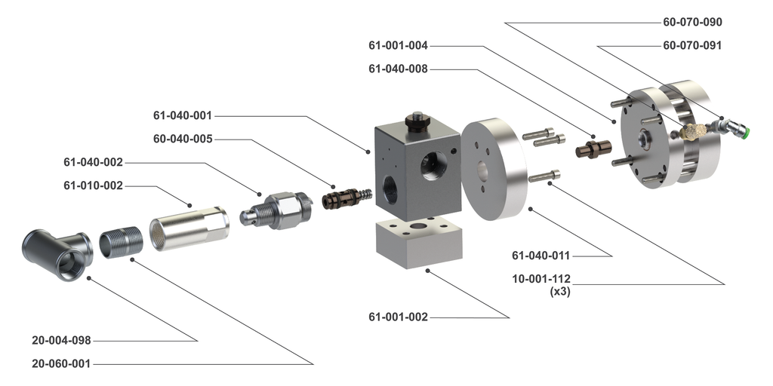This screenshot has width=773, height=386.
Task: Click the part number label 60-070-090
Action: (x=692, y=22)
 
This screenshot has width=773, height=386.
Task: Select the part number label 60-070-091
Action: (x=692, y=45)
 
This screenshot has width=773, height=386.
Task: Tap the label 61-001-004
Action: (x=398, y=45)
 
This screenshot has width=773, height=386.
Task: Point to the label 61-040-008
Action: (x=398, y=69)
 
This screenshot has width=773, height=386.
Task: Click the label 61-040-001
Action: (x=183, y=116)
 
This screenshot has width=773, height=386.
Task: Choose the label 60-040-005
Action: (x=183, y=139)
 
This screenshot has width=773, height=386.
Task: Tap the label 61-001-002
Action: (x=398, y=317)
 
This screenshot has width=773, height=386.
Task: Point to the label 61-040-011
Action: (x=541, y=256)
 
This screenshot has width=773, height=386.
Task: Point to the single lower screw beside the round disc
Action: (x=544, y=176)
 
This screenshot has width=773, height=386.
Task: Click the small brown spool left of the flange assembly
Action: (x=588, y=149)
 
